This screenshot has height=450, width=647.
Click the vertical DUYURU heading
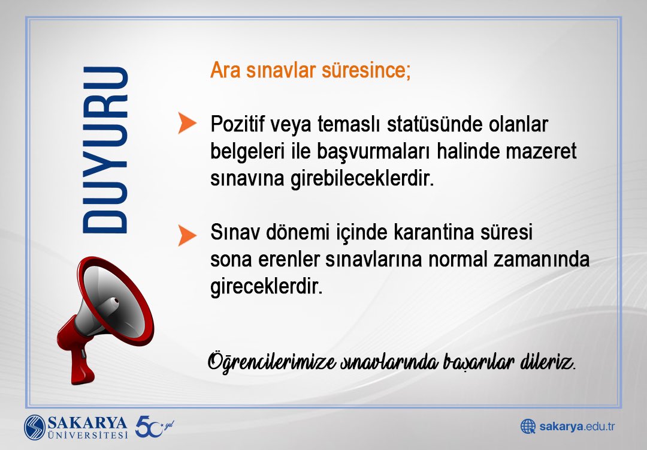[x=105, y=150]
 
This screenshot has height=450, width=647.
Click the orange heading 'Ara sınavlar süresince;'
[x=310, y=70]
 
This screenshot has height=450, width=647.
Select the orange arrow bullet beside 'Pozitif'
[x=187, y=123]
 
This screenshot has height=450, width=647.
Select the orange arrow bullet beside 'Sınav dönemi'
[x=187, y=235]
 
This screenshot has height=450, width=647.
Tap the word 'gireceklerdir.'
[x=267, y=287]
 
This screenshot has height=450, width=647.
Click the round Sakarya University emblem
[x=35, y=427]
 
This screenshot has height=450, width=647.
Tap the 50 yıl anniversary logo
[x=153, y=426]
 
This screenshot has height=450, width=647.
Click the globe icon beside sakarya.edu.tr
[x=528, y=427]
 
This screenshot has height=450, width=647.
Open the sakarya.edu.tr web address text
[x=577, y=427]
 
